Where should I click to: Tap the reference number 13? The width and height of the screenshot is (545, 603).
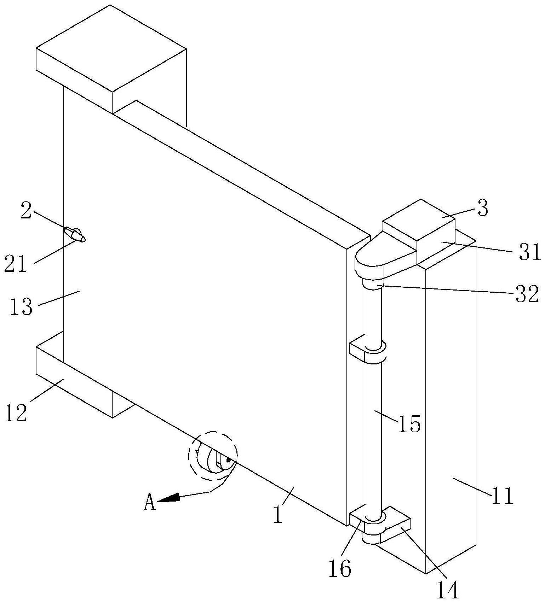tap(21, 306)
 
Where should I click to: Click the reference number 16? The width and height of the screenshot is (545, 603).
tap(340, 569)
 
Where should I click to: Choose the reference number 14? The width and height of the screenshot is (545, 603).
tap(448, 590)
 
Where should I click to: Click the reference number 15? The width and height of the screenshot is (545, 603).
tap(409, 424)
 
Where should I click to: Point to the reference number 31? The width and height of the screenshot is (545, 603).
tap(530, 252)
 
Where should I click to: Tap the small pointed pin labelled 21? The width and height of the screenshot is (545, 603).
tap(74, 235)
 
